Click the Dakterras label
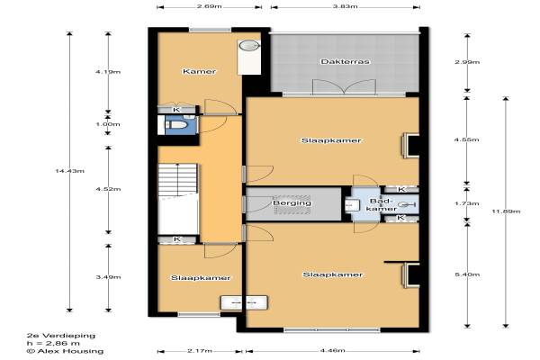(345, 62)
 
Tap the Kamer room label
(200, 71)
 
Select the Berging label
(292, 202)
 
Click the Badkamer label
(382, 204)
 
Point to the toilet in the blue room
(176, 125)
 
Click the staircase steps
(177, 180)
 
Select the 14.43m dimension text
(70, 171)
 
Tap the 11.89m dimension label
(506, 211)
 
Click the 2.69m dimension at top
(210, 6)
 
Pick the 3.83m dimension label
(345, 6)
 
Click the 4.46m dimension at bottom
(333, 351)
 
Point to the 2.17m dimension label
(200, 351)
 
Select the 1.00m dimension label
(108, 124)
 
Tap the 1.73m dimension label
(467, 203)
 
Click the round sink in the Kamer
(248, 46)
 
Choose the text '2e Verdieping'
(61, 335)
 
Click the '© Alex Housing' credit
(65, 351)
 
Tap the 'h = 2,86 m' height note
(53, 343)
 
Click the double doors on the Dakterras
(344, 86)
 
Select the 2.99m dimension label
(467, 62)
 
